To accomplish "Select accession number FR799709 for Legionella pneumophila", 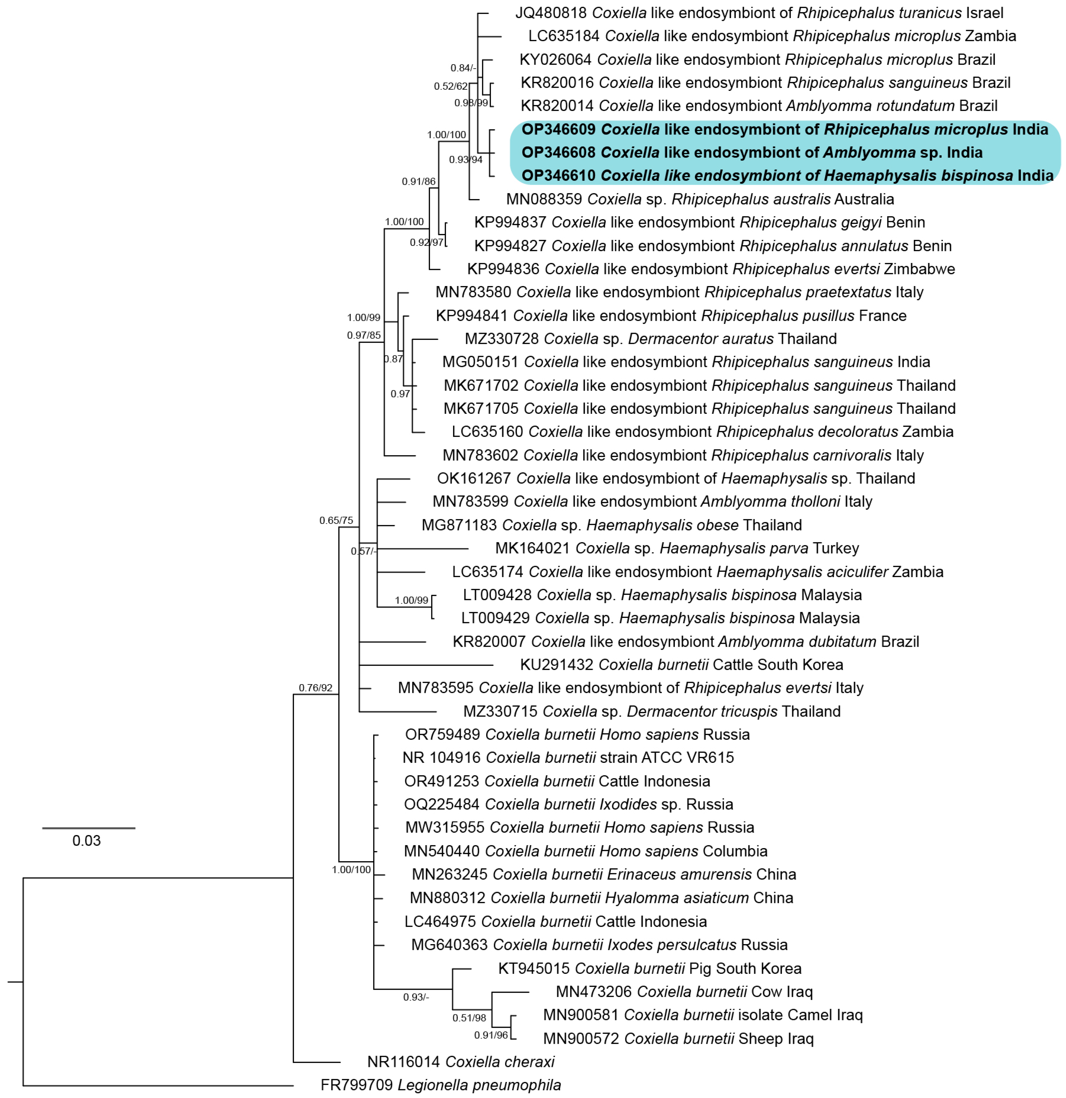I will pyautogui.click(x=356, y=1085).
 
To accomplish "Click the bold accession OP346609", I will pyautogui.click(x=558, y=129).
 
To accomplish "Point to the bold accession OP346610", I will pyautogui.click(x=558, y=176).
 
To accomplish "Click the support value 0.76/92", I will pyautogui.click(x=316, y=688).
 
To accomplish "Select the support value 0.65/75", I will pyautogui.click(x=336, y=521).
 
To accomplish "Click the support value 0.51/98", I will pyautogui.click(x=469, y=1018).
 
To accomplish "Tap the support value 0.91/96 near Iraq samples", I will pyautogui.click(x=491, y=1035).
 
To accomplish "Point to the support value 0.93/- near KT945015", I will pyautogui.click(x=416, y=997).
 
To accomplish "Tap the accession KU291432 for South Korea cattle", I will pyautogui.click(x=557, y=665).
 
